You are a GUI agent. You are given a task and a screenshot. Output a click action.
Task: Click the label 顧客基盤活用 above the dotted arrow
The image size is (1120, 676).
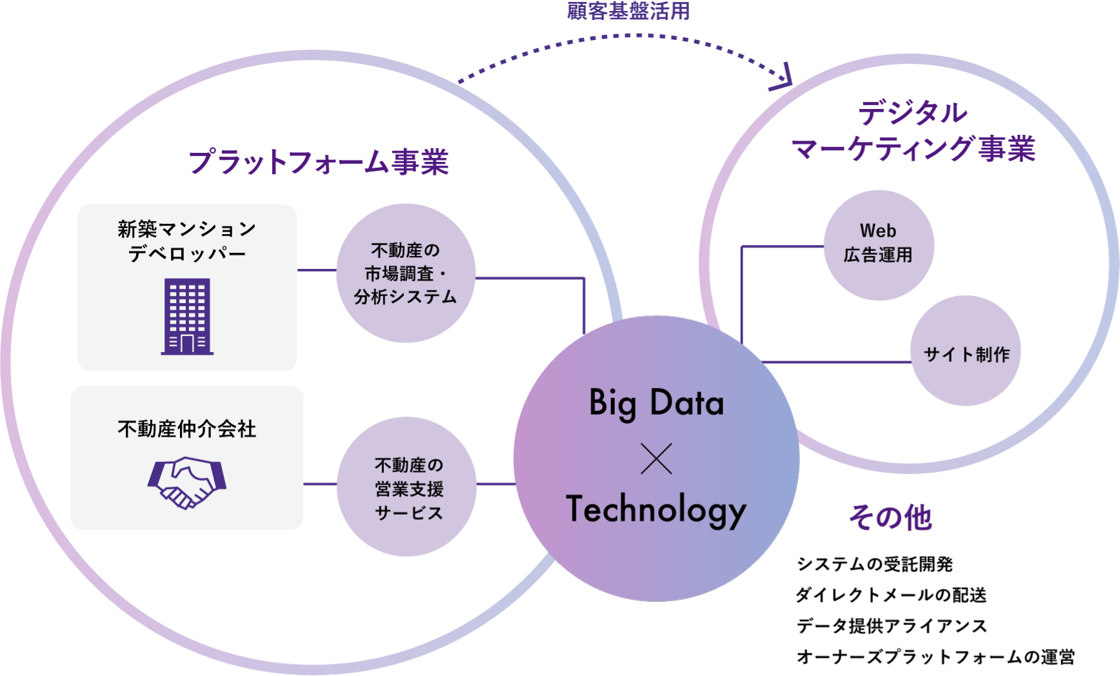[628, 11]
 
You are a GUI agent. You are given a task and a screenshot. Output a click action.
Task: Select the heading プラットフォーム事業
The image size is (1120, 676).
[318, 161]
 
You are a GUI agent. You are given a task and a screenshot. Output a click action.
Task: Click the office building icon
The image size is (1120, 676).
[187, 316]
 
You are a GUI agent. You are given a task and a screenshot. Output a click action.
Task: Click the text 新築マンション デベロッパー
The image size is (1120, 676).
[187, 241]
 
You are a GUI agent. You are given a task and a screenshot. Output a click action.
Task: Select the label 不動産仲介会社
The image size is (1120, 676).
[187, 429]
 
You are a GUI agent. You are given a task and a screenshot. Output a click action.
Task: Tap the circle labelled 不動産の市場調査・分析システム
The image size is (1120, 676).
[406, 273]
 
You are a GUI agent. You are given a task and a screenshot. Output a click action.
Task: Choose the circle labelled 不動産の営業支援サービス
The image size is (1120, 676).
[407, 487]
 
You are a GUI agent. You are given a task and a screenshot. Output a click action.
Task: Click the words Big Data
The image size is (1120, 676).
[657, 403]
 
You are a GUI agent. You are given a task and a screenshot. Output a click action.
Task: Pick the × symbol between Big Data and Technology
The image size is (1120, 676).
[657, 459]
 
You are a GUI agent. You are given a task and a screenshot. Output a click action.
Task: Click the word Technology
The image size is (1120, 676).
[657, 510]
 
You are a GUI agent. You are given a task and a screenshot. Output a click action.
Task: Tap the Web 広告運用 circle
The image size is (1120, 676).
[879, 244]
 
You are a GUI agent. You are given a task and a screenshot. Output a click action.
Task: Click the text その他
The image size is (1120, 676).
[890, 517]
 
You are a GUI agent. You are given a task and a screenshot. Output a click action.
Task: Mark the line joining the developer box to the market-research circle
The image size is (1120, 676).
[317, 270]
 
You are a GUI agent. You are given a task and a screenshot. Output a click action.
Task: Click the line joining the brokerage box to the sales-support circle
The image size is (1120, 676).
[320, 484]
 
